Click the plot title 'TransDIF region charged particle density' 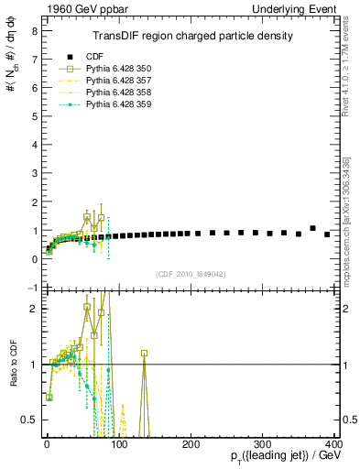pyautogui.click(x=192, y=37)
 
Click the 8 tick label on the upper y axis pyautogui.click(x=34, y=30)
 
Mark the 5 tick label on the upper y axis pyautogui.click(x=34, y=116)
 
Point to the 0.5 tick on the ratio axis pyautogui.click(x=29, y=420)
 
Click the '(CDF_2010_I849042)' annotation pyautogui.click(x=191, y=273)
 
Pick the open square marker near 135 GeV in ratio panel pyautogui.click(x=144, y=353)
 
